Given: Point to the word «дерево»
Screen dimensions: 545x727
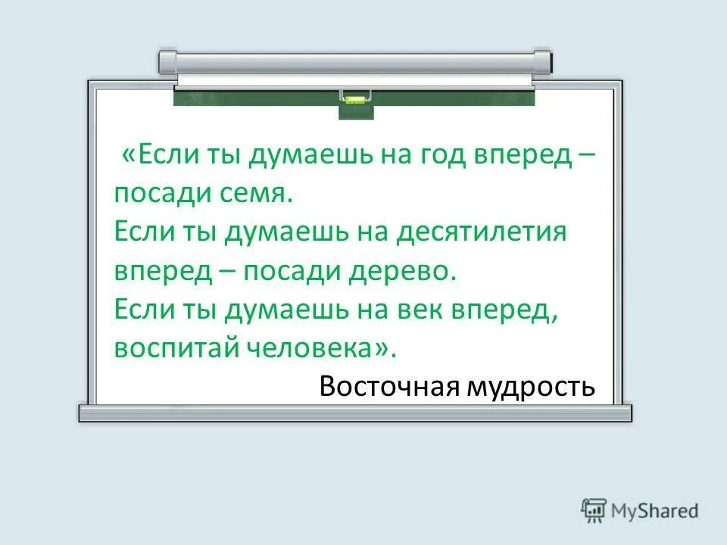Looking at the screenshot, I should [x=413, y=271].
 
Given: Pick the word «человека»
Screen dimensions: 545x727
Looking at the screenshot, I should [x=307, y=347].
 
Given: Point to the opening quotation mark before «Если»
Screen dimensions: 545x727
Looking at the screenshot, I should [x=128, y=156].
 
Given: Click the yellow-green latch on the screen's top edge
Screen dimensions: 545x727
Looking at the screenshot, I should [x=355, y=97].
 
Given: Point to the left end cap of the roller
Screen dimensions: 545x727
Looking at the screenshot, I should [x=167, y=61].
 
